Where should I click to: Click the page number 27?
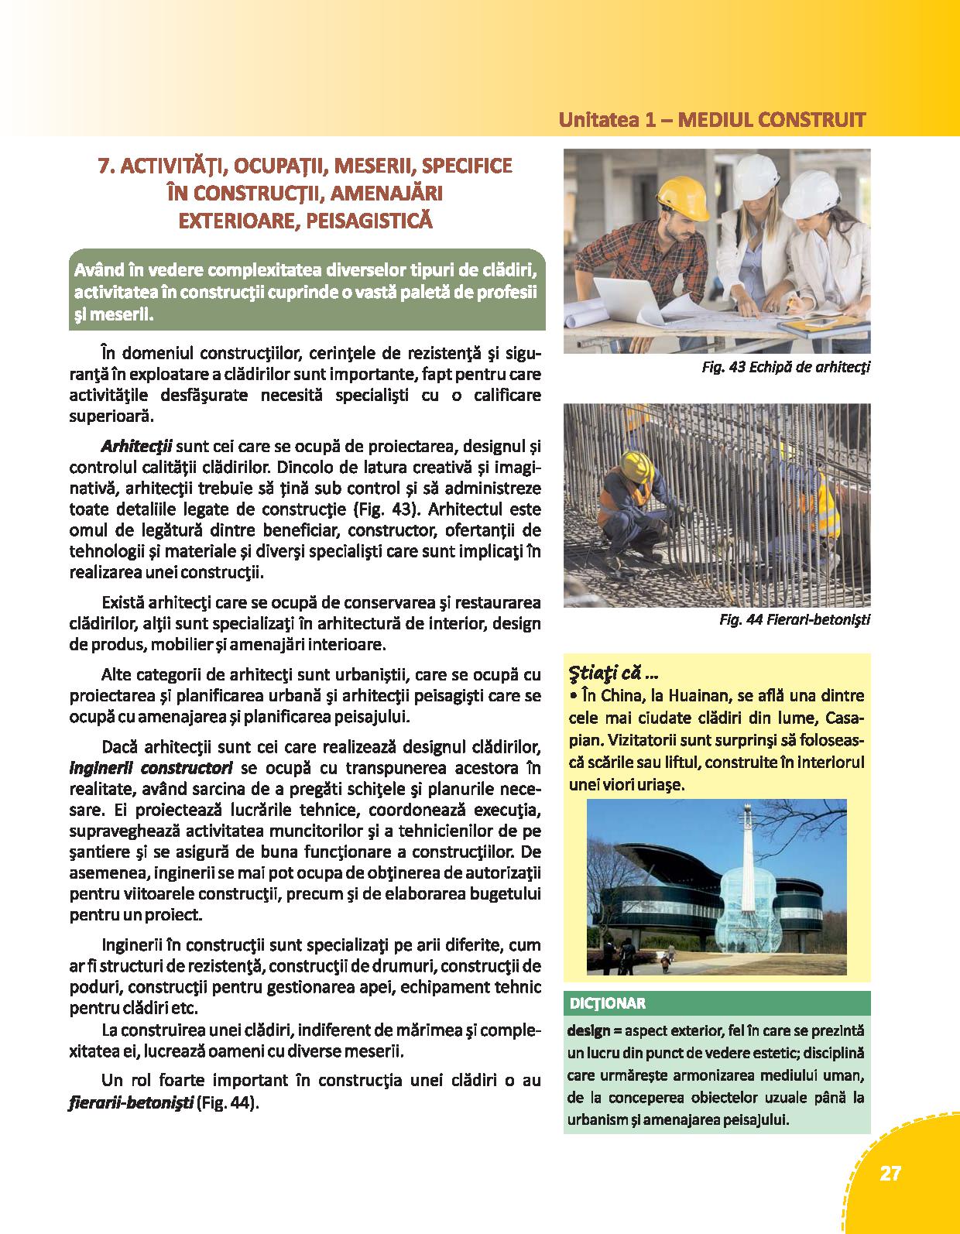point(890,1173)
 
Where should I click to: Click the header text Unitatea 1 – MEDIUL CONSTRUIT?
point(711,121)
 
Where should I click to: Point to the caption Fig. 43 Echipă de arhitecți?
point(785,368)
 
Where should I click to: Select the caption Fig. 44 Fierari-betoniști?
point(794,620)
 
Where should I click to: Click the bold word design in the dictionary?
point(588,1032)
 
